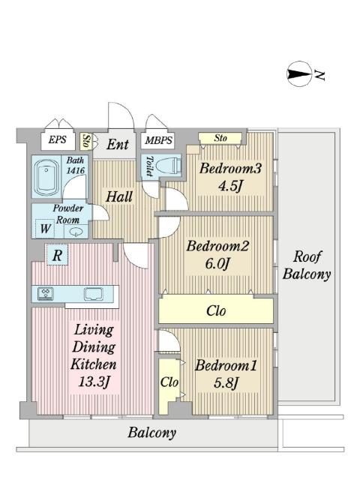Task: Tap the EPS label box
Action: (58, 140)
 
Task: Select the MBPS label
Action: (158, 140)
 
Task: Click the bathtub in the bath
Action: (46, 177)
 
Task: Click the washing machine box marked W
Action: (45, 228)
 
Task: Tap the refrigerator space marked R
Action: (57, 255)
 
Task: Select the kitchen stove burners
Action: (45, 293)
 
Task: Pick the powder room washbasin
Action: (75, 232)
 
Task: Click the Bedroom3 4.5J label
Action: (230, 177)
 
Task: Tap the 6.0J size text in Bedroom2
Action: (217, 263)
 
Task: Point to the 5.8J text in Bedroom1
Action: (226, 382)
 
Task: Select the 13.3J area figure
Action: (94, 382)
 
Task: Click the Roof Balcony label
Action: (307, 265)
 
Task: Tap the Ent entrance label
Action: (117, 145)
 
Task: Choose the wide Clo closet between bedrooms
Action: (216, 310)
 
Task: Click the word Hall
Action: (119, 196)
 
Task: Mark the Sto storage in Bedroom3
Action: (220, 138)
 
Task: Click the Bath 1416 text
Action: (75, 165)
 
